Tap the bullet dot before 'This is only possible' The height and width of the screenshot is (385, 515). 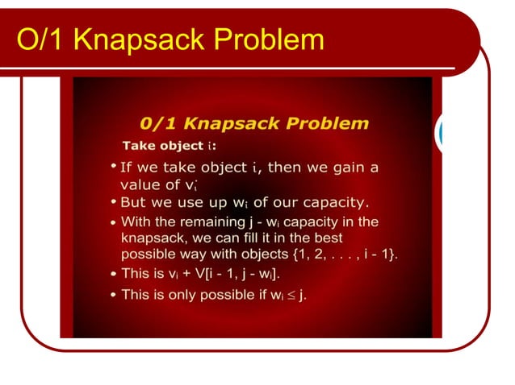coord(112,296)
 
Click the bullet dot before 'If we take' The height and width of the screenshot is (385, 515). coord(112,167)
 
